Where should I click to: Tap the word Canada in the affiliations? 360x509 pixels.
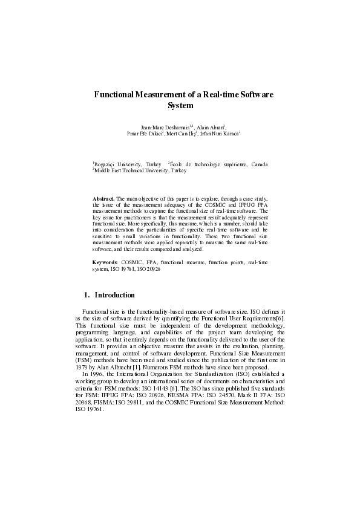(258, 164)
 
